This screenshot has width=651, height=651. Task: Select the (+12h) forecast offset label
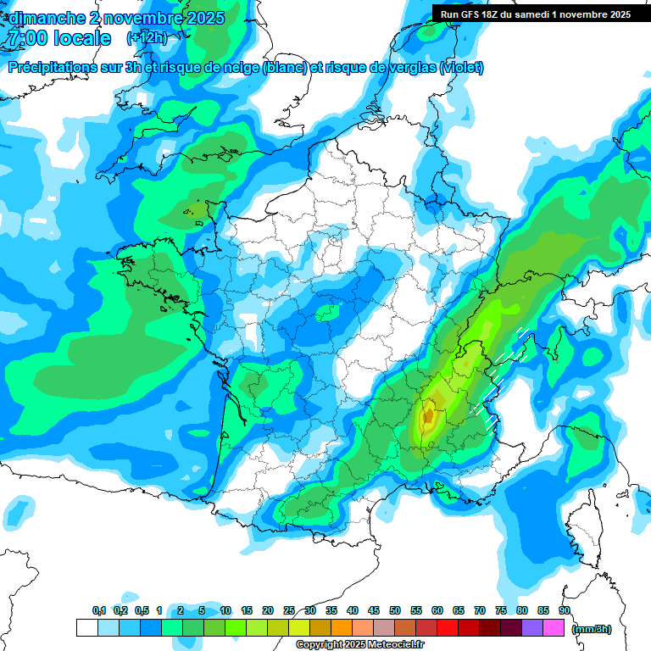coord(147,38)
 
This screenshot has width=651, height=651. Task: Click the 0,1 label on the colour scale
coord(98,611)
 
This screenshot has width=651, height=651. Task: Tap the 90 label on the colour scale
coord(565,611)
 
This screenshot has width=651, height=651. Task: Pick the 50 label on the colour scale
coord(395,611)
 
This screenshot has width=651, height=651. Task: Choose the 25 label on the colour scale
coord(289,611)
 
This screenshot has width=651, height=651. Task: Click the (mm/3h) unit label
coord(591,629)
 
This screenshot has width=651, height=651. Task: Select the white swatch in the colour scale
coord(86,628)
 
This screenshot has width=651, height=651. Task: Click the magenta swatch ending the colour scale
coord(554,628)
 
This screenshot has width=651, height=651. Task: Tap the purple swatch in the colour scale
coord(532,628)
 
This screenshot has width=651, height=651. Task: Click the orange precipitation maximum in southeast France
coord(429,416)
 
